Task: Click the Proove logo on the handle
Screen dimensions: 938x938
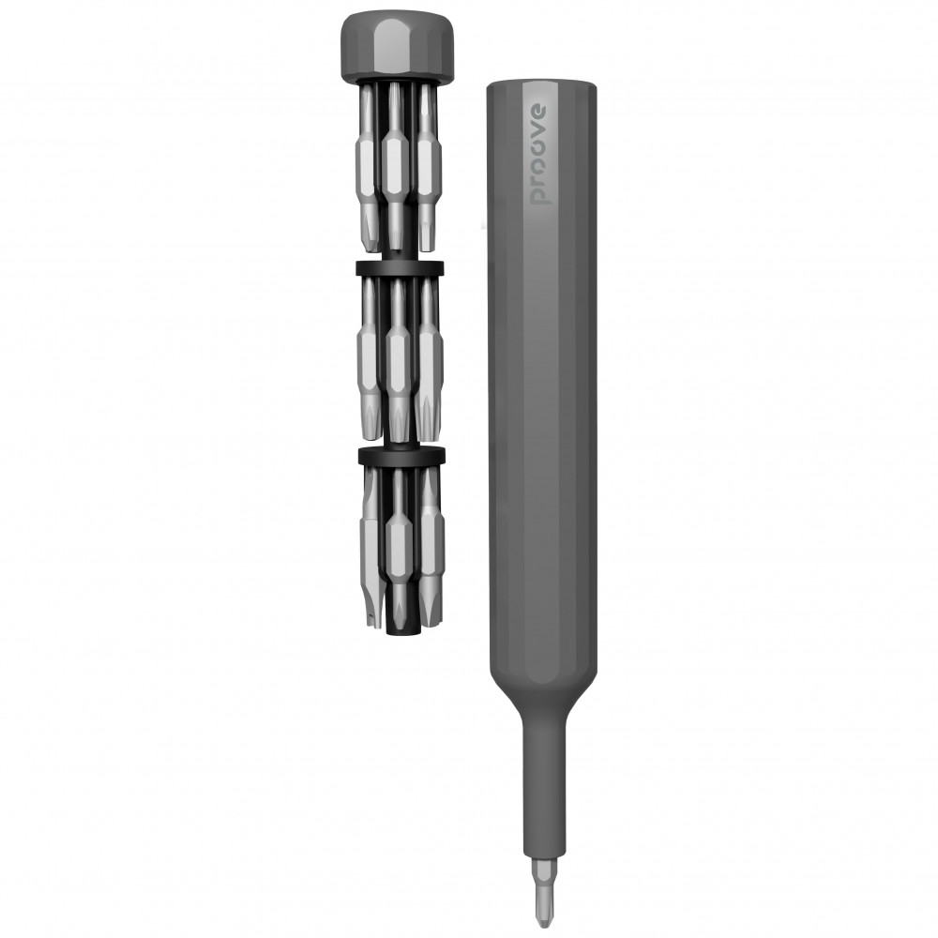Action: [x=538, y=155]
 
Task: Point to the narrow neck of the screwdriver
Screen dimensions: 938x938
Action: [x=543, y=789]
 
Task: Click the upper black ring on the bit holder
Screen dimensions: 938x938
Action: [x=400, y=268]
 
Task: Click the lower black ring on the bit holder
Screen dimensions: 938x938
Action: [x=401, y=455]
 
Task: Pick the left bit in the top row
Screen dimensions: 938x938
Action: [x=368, y=168]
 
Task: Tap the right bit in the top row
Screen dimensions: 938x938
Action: [x=426, y=168]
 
